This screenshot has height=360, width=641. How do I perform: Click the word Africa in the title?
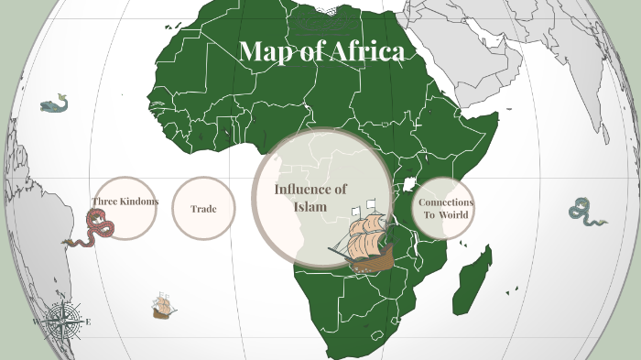[366, 52]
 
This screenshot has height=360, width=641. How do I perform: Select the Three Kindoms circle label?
[125, 202]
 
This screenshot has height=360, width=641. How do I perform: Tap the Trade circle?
[203, 209]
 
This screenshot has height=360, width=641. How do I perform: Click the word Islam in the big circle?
[310, 206]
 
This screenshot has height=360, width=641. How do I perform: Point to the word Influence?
[311, 189]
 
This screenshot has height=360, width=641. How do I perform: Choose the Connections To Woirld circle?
[445, 208]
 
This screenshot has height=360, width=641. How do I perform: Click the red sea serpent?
[92, 229]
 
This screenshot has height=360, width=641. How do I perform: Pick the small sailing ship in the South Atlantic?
[164, 307]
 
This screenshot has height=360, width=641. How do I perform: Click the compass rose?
[63, 321]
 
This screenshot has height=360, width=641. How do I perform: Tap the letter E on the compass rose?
[88, 322]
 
